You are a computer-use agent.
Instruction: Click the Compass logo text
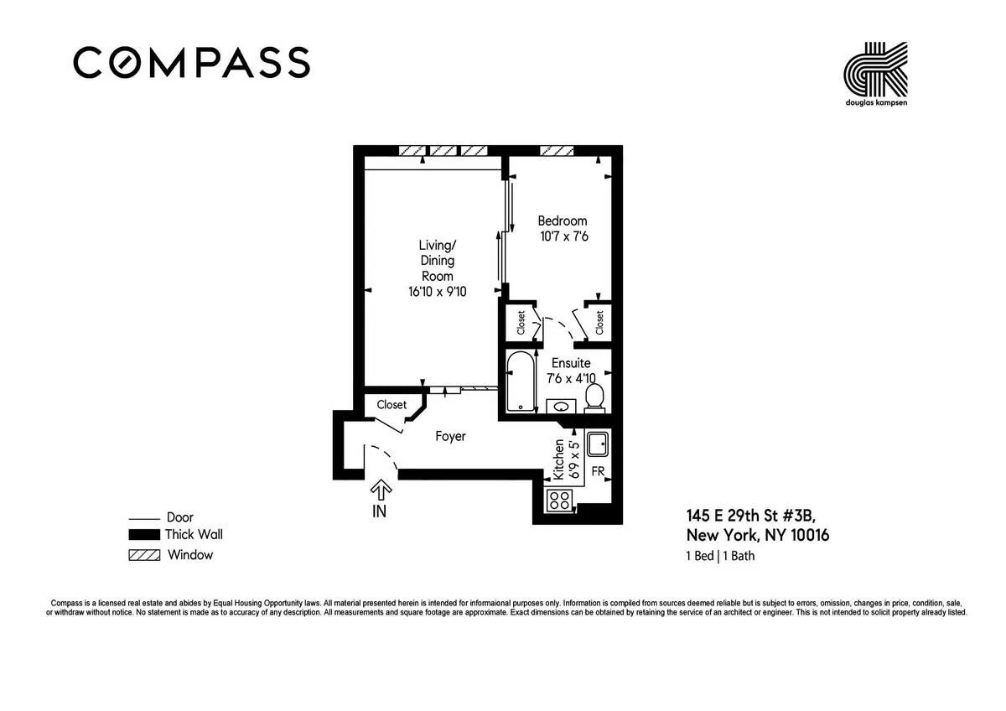pyautogui.click(x=191, y=63)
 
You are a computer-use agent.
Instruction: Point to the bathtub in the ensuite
pyautogui.click(x=521, y=382)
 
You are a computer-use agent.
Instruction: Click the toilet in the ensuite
pyautogui.click(x=594, y=397)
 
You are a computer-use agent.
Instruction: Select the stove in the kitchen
pyautogui.click(x=559, y=501)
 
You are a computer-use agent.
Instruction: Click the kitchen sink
pyautogui.click(x=599, y=443)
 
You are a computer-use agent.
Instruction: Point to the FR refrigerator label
pyautogui.click(x=599, y=472)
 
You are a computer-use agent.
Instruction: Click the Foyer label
pyautogui.click(x=450, y=437)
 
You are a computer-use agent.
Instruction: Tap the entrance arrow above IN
pyautogui.click(x=381, y=489)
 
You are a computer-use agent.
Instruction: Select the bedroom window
pyautogui.click(x=557, y=151)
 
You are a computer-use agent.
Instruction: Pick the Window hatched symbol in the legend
pyautogui.click(x=144, y=555)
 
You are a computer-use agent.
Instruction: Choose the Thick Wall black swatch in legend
pyautogui.click(x=144, y=535)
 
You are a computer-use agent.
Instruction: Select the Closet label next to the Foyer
pyautogui.click(x=392, y=405)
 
